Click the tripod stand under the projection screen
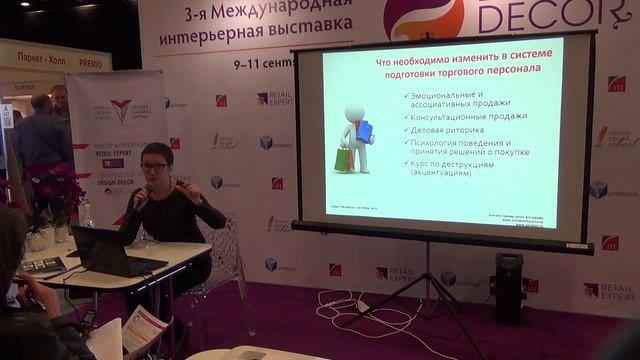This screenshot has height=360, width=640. coord(429,300)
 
